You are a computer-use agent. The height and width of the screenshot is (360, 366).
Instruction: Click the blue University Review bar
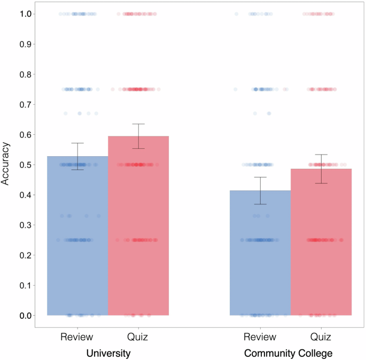click(77, 241)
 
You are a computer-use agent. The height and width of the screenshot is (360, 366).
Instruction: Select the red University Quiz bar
click(138, 230)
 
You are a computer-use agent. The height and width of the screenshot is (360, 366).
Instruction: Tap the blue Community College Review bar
click(260, 257)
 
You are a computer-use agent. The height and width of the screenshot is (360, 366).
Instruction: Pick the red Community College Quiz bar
click(321, 246)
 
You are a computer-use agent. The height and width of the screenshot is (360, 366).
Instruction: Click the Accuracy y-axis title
click(6, 164)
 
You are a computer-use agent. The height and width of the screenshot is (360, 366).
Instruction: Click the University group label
click(108, 354)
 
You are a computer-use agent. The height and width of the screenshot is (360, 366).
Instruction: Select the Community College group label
click(288, 354)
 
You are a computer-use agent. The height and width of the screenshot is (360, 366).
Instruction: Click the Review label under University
click(77, 337)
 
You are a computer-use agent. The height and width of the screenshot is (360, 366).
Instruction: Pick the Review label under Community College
click(260, 337)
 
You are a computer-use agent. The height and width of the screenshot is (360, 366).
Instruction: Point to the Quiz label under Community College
click(321, 337)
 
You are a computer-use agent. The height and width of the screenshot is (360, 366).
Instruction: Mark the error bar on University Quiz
click(138, 136)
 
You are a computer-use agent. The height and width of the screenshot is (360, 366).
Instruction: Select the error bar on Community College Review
click(260, 190)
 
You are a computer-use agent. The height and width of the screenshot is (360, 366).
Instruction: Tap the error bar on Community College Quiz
click(321, 168)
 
